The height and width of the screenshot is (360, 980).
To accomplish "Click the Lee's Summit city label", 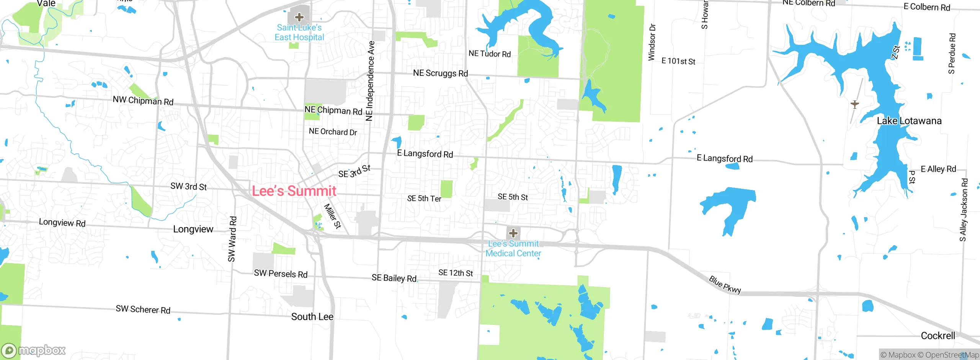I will (x=294, y=191).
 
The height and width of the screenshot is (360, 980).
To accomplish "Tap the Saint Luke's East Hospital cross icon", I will (x=299, y=17).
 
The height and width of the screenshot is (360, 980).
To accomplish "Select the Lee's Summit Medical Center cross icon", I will (x=513, y=233).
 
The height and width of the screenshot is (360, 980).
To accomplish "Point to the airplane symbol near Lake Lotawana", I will (x=854, y=104).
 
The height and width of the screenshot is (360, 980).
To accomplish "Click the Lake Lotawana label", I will (x=909, y=121).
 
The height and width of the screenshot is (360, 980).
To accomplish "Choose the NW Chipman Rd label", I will (x=143, y=101).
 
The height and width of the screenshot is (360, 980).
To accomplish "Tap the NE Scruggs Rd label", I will (x=440, y=73).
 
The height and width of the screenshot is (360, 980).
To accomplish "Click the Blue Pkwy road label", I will (x=725, y=285).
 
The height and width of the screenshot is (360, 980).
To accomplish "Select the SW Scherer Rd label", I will (x=143, y=309).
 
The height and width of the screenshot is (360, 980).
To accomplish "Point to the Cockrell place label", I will (x=938, y=336).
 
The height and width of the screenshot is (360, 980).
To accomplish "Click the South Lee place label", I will (x=312, y=317).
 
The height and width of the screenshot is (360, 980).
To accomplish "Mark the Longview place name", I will (x=193, y=229).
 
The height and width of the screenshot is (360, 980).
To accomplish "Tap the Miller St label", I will (x=332, y=216).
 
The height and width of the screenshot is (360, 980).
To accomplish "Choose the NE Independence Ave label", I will (x=370, y=81).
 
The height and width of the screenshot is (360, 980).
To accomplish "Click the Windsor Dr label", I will (x=652, y=43).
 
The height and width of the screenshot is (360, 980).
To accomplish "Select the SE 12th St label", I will (x=456, y=273).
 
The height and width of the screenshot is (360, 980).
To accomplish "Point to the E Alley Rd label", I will (x=938, y=169).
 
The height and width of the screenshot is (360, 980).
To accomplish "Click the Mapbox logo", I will (x=34, y=350).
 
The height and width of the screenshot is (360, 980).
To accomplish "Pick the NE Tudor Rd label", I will (x=490, y=54).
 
